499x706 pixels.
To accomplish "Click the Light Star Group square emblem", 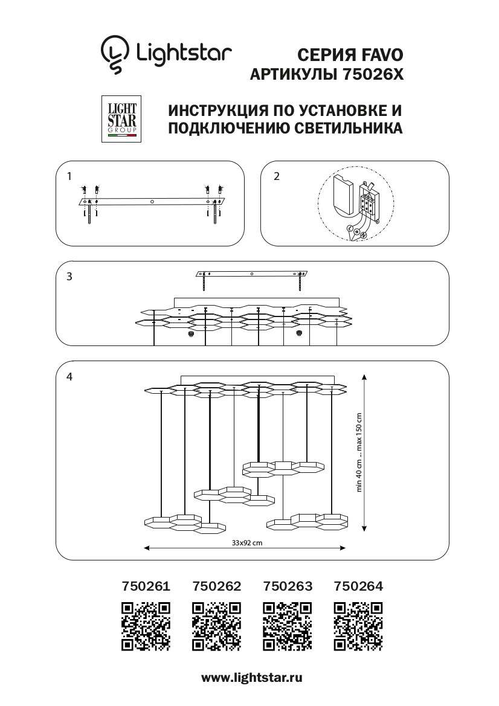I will coord(121,118).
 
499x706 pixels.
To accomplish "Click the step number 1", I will coord(70,176).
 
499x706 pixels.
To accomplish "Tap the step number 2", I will coord(277,176).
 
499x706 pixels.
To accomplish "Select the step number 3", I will coord(70,277).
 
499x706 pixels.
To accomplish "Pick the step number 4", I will coord(70,376).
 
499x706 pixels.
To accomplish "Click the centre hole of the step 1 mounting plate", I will coord(152,201).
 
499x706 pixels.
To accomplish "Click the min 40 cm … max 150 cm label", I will coord(359,452).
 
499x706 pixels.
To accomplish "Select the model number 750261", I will coord(146,586).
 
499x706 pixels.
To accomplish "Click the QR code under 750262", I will coord(216,626).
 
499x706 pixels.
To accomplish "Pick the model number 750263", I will coord(288,586).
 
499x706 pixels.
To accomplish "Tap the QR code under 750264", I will coord(358,626).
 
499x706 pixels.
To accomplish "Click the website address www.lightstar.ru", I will coord(251,678).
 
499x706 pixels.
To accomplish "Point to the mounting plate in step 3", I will coord(252,274).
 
